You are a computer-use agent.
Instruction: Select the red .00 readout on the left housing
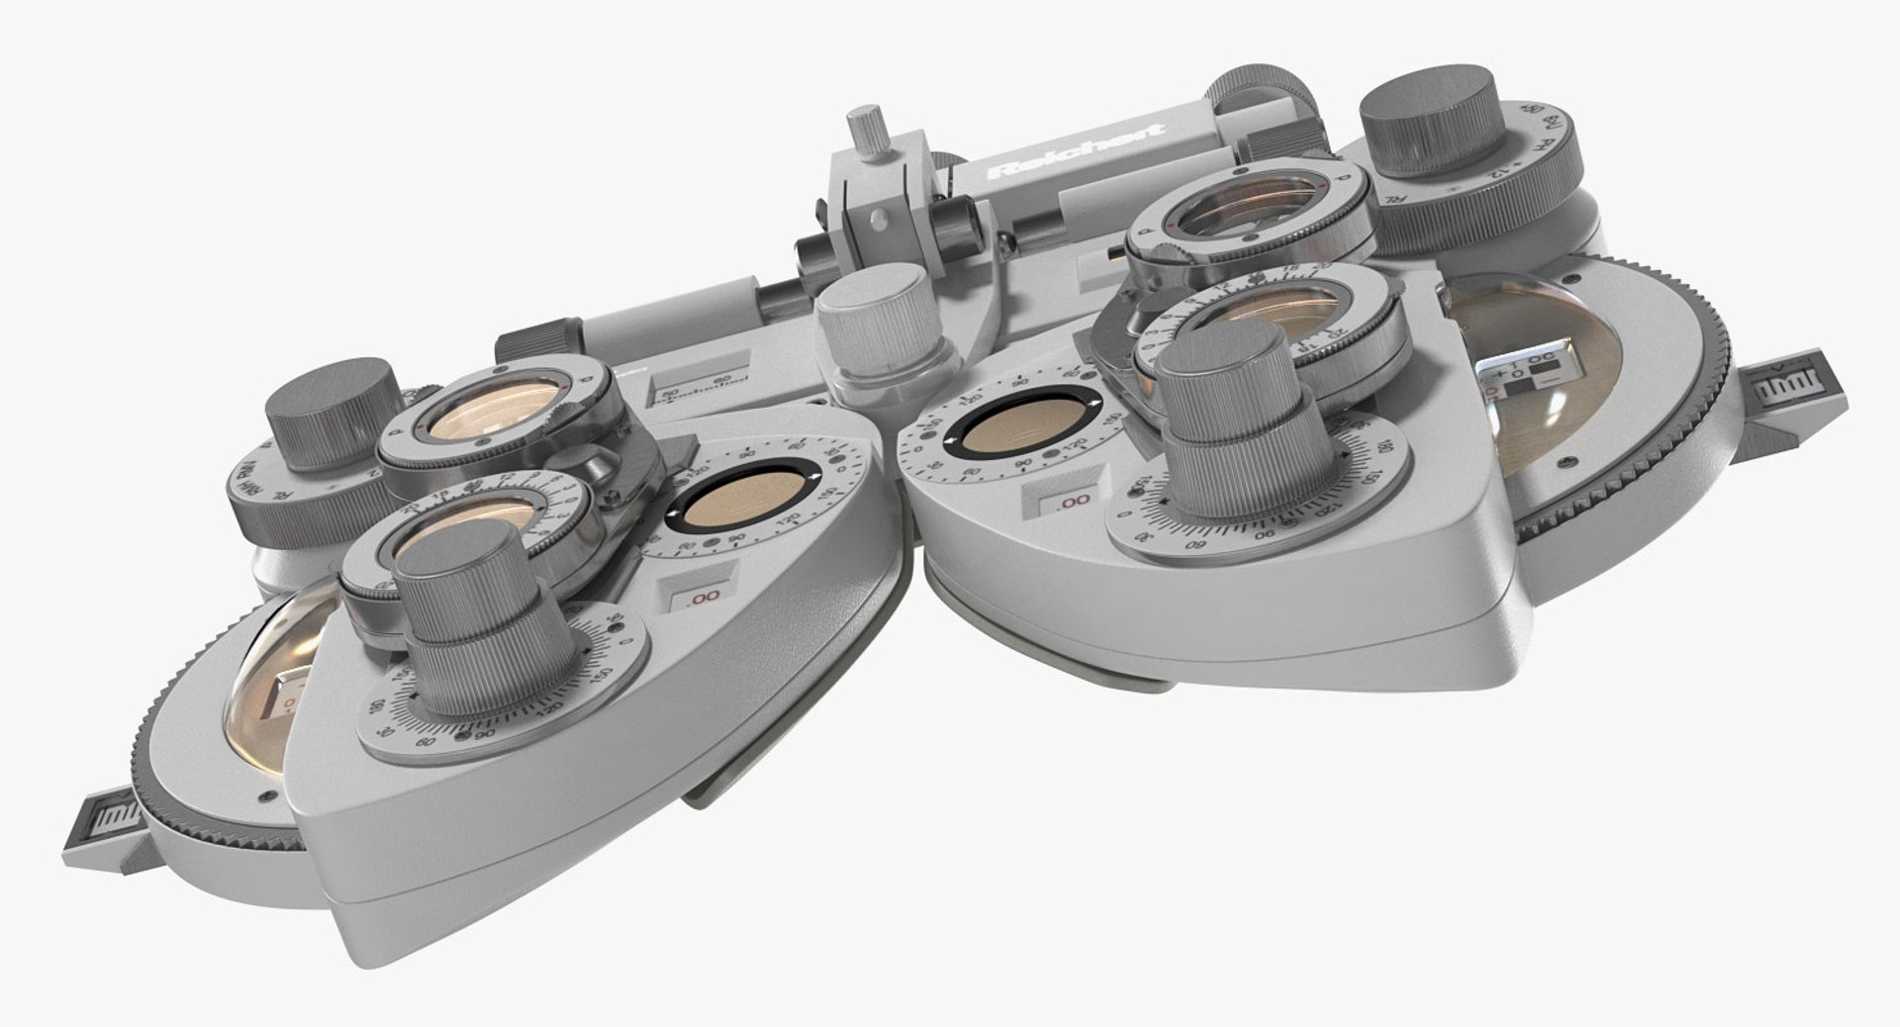(x=703, y=598)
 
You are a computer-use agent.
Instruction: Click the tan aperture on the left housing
(x=742, y=504)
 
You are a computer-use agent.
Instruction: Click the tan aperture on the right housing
(x=1019, y=428)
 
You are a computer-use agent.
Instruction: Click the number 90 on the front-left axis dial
(x=485, y=734)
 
